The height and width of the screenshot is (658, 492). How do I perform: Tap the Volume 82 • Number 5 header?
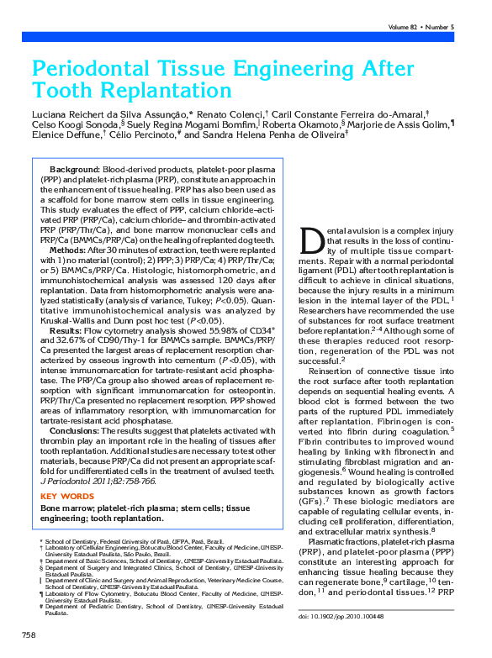click(x=421, y=28)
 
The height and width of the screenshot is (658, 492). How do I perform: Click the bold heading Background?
click(x=75, y=171)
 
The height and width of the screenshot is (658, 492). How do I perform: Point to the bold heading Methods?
click(x=71, y=250)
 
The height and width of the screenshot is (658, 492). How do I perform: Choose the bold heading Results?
click(x=69, y=331)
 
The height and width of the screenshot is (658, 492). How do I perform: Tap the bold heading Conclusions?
click(x=79, y=430)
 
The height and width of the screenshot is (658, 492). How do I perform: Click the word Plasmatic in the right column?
click(x=330, y=541)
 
